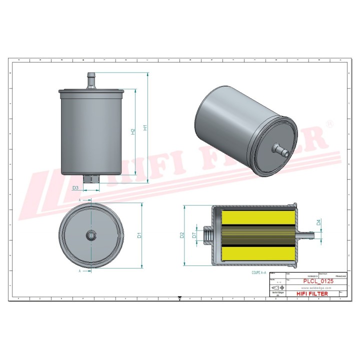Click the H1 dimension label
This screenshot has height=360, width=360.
pyautogui.click(x=145, y=127)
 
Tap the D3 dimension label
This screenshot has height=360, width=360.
pyautogui.click(x=75, y=188)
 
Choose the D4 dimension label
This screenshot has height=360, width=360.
pyautogui.click(x=318, y=223)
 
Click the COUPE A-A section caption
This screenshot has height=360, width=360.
pyautogui.click(x=259, y=274)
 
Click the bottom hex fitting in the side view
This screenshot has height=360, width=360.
pyautogui.click(x=91, y=179)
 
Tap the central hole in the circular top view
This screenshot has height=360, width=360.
pyautogui.click(x=91, y=234)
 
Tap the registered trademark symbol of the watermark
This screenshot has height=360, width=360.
pyautogui.click(x=328, y=123)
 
